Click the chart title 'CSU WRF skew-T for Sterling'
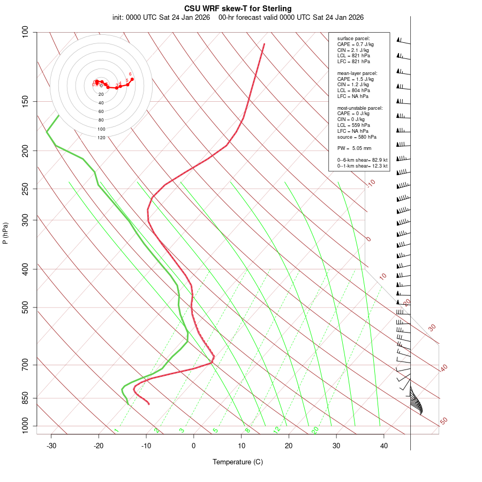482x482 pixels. point(238,9)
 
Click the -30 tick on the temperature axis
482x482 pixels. point(51,446)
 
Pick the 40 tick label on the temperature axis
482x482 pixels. point(384,446)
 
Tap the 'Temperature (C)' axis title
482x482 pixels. point(238,462)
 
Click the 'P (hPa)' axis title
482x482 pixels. point(5,233)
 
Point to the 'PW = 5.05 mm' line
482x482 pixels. point(354,148)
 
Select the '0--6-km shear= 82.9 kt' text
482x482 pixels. point(362,160)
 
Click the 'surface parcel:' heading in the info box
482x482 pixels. point(353,39)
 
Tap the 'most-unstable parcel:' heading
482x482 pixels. point(360,108)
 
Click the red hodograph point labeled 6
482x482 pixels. point(132,79)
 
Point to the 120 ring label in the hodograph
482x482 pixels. point(101,138)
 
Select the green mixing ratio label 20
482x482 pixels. point(315,430)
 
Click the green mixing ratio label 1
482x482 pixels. point(116,431)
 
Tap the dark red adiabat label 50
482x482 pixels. point(443,421)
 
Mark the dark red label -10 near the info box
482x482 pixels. point(371,184)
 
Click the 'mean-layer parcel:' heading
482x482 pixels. point(357,73)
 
